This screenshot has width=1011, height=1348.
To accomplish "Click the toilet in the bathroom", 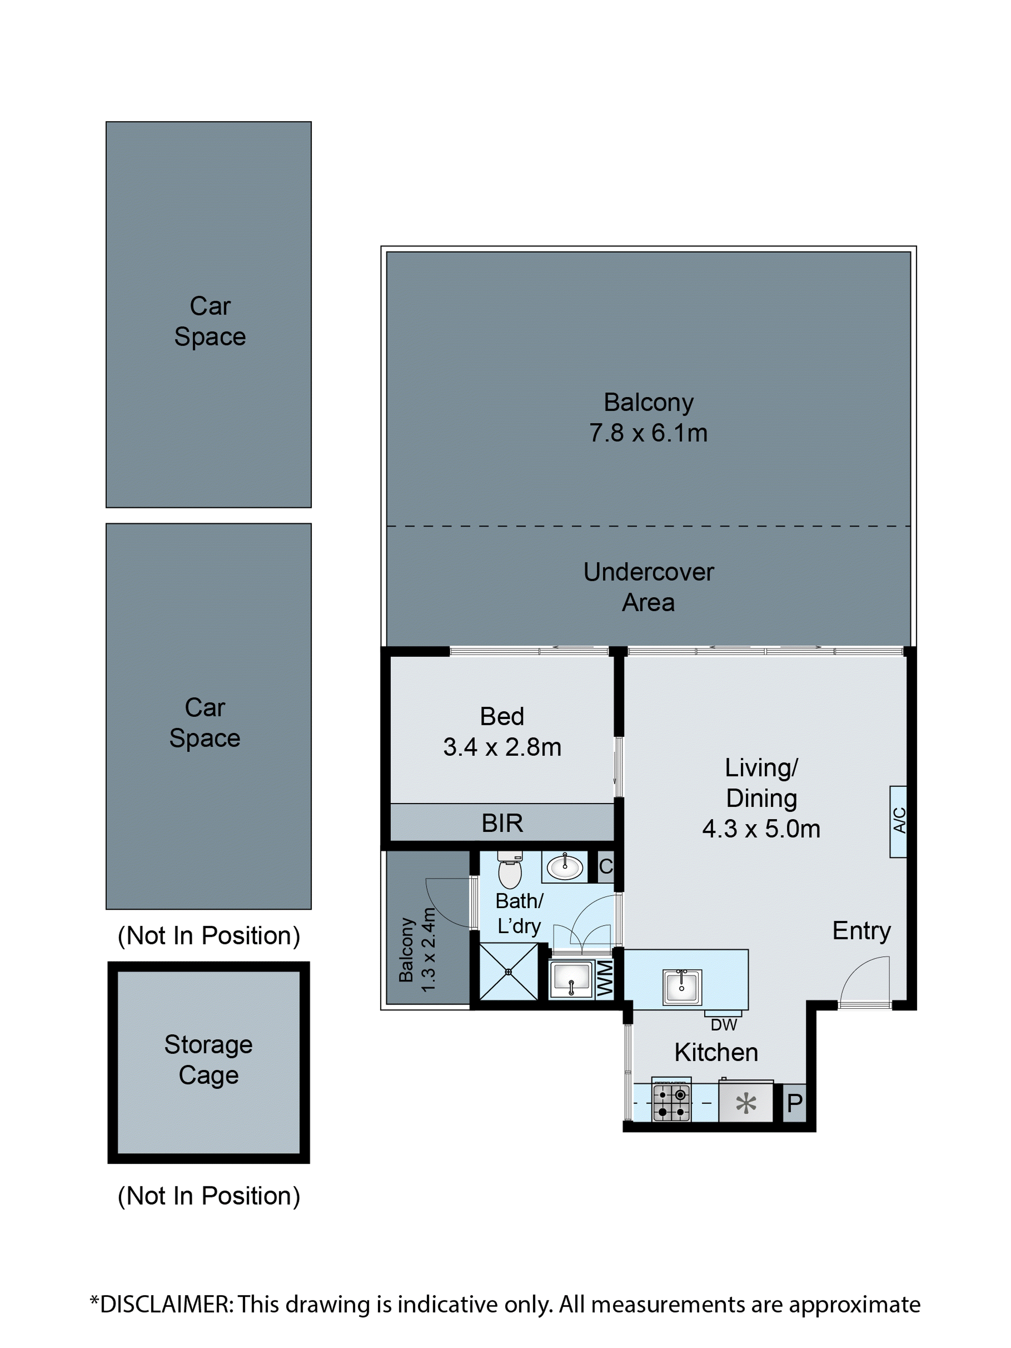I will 510,872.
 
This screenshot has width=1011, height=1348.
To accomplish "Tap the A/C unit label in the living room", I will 898,821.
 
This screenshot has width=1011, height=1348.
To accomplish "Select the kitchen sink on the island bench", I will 681,986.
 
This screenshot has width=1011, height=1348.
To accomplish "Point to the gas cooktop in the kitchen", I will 671,1102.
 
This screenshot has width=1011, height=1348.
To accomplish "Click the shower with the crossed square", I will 509,971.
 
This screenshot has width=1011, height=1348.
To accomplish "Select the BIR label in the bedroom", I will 502,823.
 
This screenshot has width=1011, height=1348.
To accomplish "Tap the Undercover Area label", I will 648,587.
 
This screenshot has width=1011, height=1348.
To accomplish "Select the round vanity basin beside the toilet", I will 564,866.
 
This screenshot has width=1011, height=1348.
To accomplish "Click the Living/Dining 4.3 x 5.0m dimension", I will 761,829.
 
